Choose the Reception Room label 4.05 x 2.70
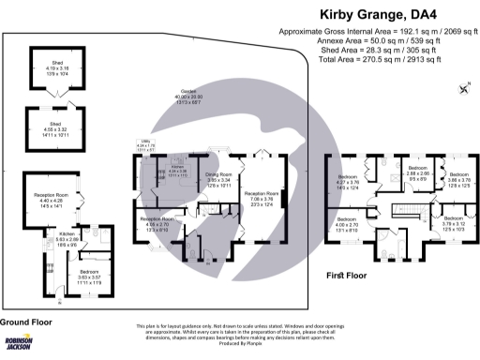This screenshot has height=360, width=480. click(152, 225)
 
